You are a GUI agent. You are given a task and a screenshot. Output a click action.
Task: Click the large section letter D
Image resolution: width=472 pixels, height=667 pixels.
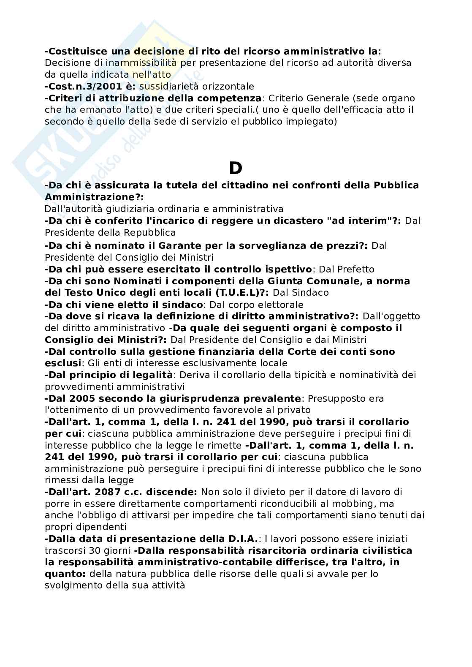pyautogui.click(x=236, y=169)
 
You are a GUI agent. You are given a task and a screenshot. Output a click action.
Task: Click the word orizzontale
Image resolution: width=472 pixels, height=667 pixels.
pyautogui.click(x=229, y=87)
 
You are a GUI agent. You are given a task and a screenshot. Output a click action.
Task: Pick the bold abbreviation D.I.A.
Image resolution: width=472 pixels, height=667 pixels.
pyautogui.click(x=242, y=539)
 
